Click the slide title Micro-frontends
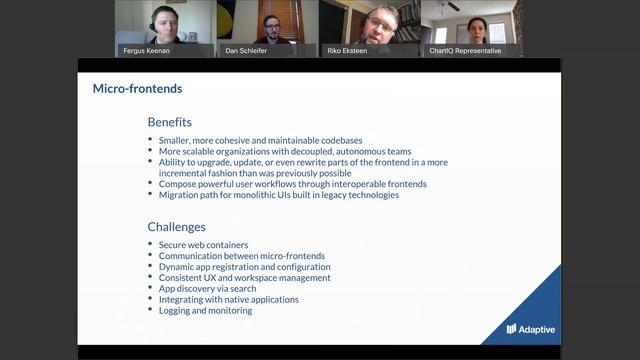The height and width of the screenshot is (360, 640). click(x=137, y=88)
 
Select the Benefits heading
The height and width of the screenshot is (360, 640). click(x=169, y=122)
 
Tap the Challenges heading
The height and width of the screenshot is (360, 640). click(x=176, y=227)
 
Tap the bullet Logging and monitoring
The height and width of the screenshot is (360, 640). click(x=205, y=310)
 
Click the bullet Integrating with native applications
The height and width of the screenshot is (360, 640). click(x=228, y=299)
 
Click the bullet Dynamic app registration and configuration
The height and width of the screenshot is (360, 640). click(x=244, y=267)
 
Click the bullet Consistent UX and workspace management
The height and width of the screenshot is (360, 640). click(x=244, y=277)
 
